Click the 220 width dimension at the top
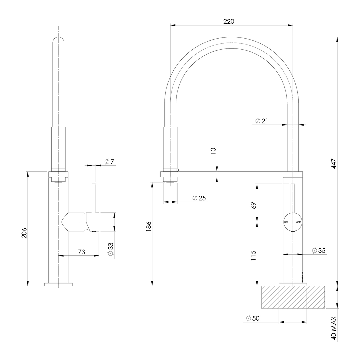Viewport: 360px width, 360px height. coord(229,21)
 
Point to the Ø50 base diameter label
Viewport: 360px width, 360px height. coord(253,318)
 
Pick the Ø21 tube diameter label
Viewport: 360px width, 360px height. coord(262,121)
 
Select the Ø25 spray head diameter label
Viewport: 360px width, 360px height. coord(199,198)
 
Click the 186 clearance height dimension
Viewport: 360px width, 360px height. coord(149,226)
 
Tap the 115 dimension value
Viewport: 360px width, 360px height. coord(254,255)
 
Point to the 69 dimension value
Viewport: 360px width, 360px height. coord(254,205)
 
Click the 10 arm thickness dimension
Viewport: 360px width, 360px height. coord(214,150)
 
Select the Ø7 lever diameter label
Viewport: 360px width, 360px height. coord(109,162)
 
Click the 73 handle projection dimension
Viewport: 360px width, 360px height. coord(81,252)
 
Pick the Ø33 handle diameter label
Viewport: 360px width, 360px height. coord(111,249)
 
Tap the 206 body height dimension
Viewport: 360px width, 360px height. coord(24,233)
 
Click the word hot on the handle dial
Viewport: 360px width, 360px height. coord(286,222)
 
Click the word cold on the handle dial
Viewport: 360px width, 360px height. coord(298,222)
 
